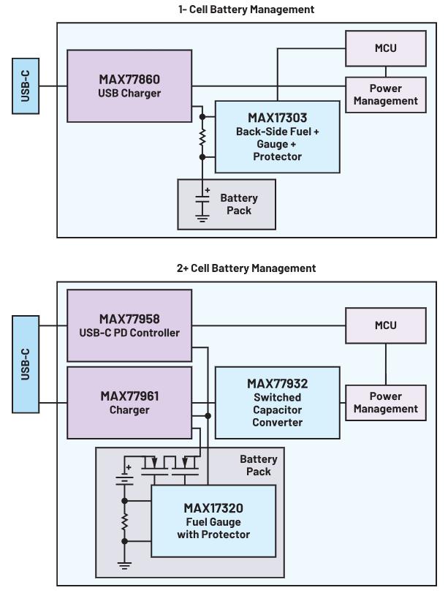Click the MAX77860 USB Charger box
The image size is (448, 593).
[129, 86]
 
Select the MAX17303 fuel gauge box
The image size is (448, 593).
[277, 137]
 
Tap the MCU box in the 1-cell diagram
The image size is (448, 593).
[385, 48]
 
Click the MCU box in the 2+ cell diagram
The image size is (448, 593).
[385, 325]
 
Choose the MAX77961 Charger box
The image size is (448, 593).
[129, 403]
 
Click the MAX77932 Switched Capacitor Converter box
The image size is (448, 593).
[277, 403]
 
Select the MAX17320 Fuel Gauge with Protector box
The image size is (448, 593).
[213, 521]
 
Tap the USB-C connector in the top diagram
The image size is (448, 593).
[26, 86]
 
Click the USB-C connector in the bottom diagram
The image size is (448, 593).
[26, 364]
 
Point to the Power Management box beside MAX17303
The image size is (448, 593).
[385, 94]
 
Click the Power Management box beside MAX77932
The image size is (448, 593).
[385, 402]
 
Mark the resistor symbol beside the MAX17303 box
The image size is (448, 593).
[202, 137]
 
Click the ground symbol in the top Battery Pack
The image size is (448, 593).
[202, 217]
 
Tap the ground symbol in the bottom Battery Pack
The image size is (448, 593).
[125, 564]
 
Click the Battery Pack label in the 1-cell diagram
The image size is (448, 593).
[239, 204]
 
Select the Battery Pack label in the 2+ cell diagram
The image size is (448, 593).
[259, 465]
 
